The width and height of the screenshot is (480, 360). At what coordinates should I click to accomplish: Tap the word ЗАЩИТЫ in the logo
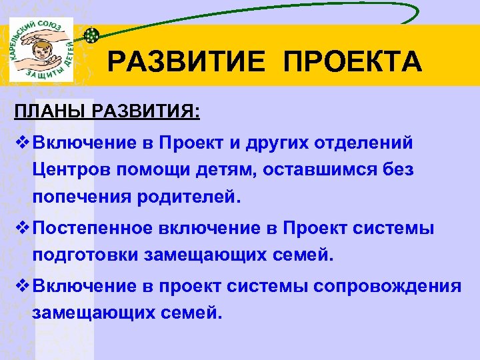(42, 76)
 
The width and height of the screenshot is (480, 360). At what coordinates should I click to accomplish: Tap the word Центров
(69, 170)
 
